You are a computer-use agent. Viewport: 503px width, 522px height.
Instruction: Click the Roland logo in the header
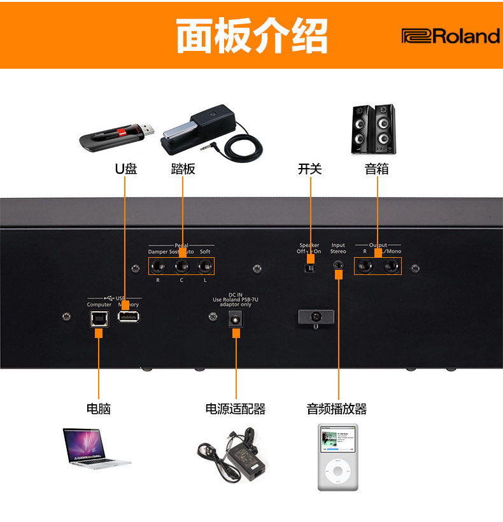pos(450,36)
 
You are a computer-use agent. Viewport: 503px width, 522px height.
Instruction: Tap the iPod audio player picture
pos(337,456)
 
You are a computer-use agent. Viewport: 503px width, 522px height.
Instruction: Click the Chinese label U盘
pos(125,169)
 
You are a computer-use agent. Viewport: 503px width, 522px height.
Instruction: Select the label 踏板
pos(183,169)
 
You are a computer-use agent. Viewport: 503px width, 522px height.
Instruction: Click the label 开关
pos(310,169)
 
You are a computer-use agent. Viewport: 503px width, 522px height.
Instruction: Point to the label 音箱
pos(376,169)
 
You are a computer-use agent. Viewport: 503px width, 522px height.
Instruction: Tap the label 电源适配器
pos(235,409)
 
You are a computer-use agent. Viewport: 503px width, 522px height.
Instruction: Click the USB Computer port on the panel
pos(99,318)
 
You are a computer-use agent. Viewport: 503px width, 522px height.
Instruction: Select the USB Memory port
pos(128,318)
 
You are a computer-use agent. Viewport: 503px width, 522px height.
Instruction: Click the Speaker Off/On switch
pos(309,269)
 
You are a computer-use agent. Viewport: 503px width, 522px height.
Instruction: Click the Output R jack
pos(365,267)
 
